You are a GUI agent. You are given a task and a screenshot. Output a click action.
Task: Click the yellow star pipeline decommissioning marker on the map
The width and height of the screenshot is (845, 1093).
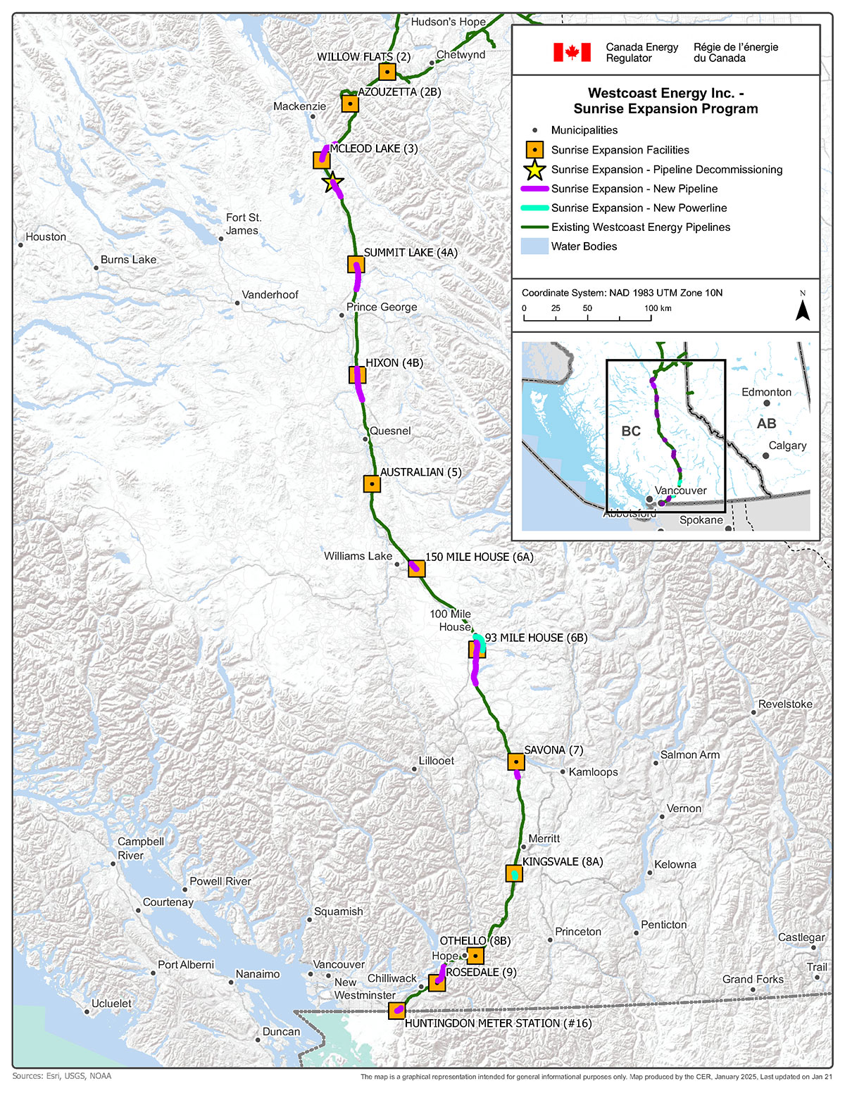[332, 183]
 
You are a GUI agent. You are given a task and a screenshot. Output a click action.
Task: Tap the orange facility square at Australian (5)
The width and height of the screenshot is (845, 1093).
[372, 484]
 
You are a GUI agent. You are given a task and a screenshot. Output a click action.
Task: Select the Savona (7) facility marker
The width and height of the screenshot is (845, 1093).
[516, 762]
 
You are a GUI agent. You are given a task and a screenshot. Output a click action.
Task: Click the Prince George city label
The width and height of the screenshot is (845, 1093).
[382, 307]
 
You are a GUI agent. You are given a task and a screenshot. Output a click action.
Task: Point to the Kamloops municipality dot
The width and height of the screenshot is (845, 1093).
[563, 771]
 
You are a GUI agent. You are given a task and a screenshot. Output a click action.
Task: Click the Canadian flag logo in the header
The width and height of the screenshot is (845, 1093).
[572, 52]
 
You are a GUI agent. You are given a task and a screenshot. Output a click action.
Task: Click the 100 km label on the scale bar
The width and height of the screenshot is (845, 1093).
[657, 308]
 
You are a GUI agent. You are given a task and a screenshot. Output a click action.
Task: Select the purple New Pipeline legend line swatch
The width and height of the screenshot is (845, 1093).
[534, 189]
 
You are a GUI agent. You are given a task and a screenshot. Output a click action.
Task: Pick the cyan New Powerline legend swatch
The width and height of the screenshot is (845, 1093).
[534, 208]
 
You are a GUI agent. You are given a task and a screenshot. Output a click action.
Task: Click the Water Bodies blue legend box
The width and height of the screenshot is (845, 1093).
[534, 246]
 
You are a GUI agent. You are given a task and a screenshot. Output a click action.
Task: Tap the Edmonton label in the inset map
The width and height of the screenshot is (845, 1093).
[766, 392]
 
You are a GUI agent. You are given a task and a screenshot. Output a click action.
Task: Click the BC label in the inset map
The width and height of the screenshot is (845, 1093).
[631, 431]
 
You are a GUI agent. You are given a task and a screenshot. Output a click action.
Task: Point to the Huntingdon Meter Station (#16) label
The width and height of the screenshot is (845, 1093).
[498, 1023]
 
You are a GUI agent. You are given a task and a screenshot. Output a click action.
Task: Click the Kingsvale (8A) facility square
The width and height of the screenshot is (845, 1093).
[515, 873]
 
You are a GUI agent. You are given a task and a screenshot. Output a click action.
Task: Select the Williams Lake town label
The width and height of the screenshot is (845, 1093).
[358, 556]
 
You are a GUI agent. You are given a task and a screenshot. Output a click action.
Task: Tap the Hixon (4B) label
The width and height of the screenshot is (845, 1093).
[394, 363]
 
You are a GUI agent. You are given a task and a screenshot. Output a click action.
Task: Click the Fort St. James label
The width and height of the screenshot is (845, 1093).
[243, 224]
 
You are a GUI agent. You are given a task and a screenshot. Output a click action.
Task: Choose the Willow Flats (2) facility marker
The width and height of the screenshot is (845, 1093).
[387, 72]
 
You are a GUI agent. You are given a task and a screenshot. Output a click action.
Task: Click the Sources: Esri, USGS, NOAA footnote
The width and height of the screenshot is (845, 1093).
[62, 1076]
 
